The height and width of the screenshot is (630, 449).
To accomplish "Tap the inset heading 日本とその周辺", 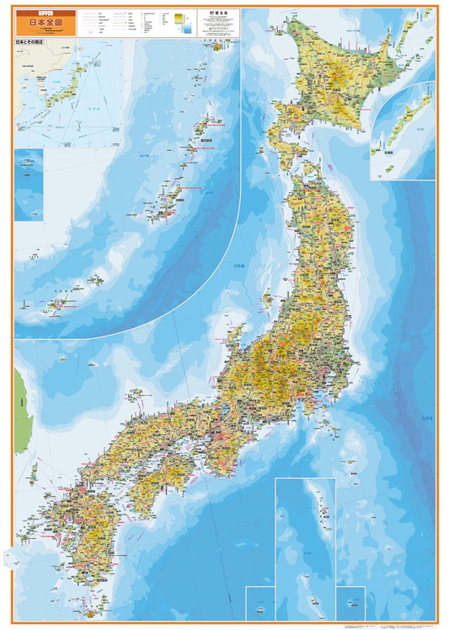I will tap(34, 42).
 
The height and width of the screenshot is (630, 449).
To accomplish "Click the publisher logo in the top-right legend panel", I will tap(209, 14).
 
